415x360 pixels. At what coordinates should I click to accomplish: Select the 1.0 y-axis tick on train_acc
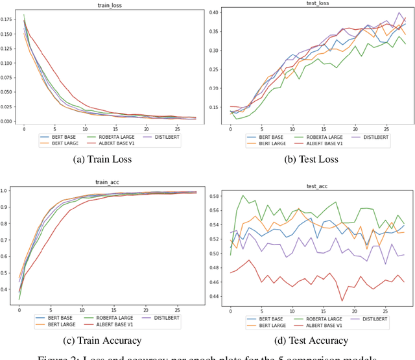[x=12, y=191]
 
